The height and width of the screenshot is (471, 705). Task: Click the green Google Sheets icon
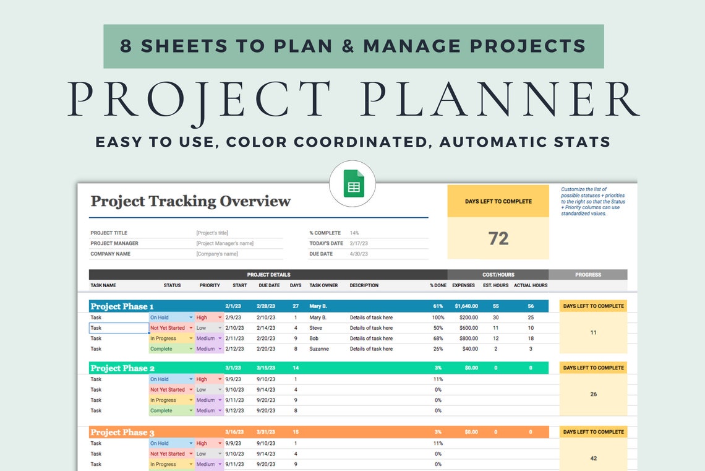[x=353, y=184]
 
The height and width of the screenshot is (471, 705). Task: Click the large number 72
[x=498, y=238]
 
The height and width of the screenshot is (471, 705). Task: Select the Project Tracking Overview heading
[x=190, y=201]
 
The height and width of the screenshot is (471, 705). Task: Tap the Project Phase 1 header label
[x=122, y=306]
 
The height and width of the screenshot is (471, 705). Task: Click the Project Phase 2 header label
[x=122, y=368]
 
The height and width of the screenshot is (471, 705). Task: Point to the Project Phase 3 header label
[x=122, y=433]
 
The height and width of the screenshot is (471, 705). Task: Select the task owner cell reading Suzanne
[x=320, y=349]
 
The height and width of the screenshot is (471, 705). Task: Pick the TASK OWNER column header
[x=323, y=286]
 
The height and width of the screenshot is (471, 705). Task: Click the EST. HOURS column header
[x=495, y=286]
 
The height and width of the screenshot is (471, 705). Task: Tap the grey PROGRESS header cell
[x=587, y=275]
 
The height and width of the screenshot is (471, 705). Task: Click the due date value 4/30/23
[x=359, y=254]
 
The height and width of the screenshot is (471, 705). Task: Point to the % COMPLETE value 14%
[x=355, y=233]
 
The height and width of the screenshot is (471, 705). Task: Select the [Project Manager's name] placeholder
[x=224, y=243]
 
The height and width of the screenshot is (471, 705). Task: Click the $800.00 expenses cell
[x=468, y=339]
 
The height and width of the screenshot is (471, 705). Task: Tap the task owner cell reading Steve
[x=315, y=328]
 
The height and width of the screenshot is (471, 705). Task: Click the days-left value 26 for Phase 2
[x=593, y=394]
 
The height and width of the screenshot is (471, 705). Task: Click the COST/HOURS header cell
[x=498, y=275]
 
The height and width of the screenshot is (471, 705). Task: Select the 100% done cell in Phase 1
[x=438, y=318]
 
